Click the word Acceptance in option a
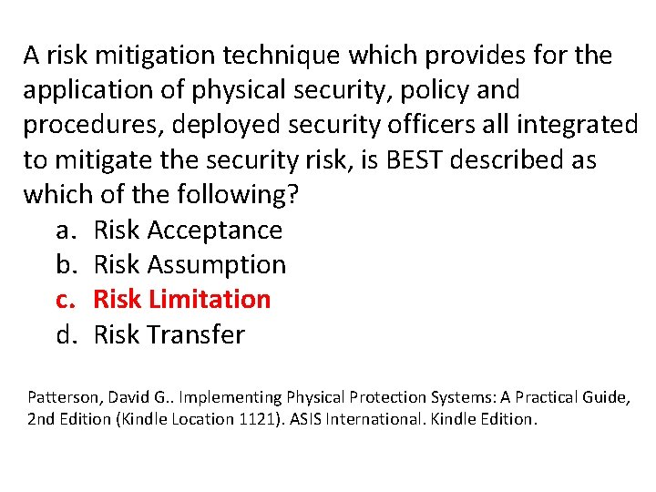click(x=214, y=231)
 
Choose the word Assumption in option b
click(x=216, y=265)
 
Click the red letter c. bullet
click(x=67, y=300)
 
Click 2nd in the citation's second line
click(x=42, y=419)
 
